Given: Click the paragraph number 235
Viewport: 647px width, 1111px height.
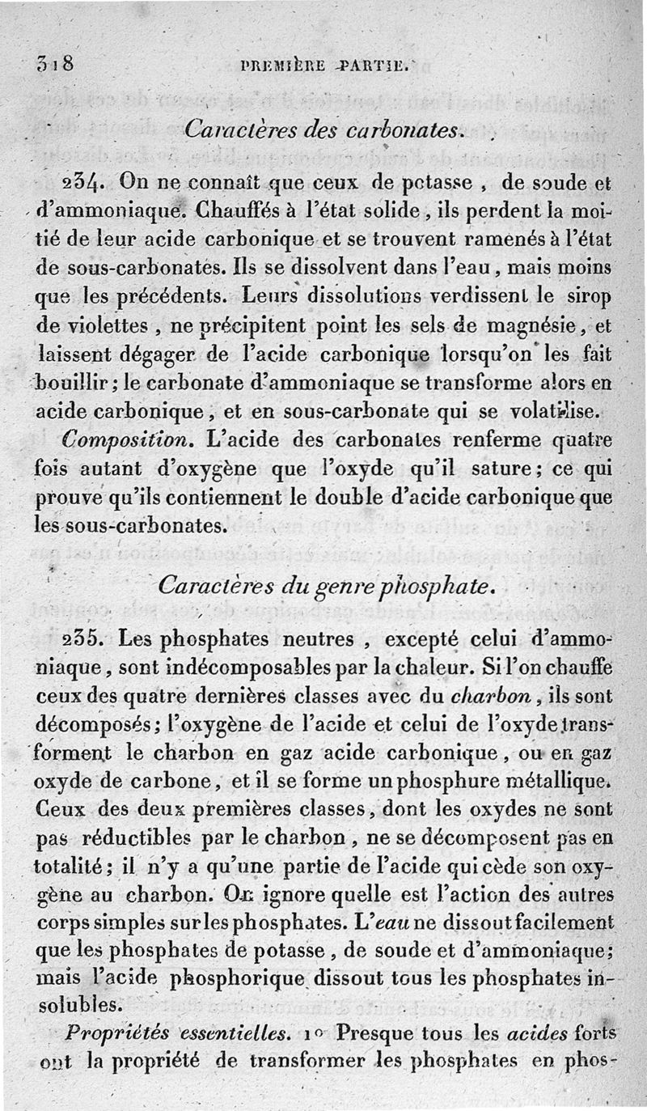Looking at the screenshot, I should pos(82,638).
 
